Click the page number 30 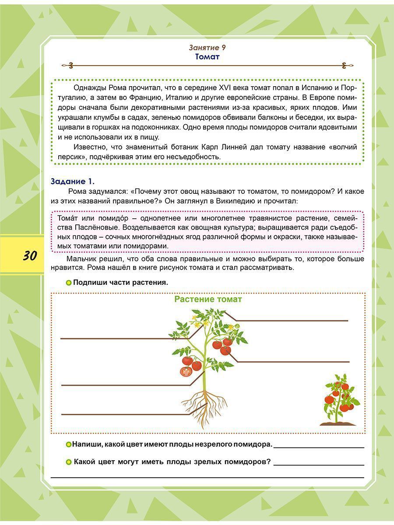pos(30,255)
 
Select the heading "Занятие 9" pos(207,48)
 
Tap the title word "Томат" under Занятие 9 pos(207,57)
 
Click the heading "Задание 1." pos(73,181)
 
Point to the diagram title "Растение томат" pos(208,299)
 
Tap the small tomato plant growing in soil pos(340,400)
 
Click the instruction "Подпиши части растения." pos(120,283)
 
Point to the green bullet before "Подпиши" pos(68,283)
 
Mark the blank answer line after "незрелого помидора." pos(319,446)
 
